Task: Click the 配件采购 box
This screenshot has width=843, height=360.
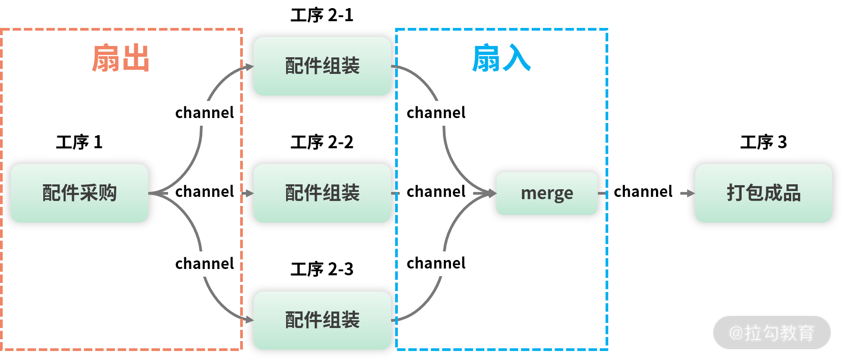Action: point(79,193)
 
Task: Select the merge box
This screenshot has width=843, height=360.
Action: point(547,193)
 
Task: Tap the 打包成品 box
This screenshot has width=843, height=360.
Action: point(763,193)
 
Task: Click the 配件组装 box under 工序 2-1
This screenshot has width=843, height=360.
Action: point(322,66)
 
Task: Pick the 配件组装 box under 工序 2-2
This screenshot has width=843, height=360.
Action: point(322,193)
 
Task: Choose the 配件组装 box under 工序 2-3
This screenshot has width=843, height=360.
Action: point(322,320)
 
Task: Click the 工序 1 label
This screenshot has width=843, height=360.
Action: point(79,142)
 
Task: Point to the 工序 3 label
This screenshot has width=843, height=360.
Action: point(763,142)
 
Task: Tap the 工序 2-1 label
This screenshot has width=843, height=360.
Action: point(322,15)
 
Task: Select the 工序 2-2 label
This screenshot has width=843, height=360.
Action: point(322,142)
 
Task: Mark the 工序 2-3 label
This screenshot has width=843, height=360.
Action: point(322,269)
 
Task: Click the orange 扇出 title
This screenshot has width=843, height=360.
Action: point(120,58)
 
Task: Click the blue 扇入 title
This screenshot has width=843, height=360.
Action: point(501,58)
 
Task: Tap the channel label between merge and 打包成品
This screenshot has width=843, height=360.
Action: point(643,191)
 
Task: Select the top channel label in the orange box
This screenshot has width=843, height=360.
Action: point(205,113)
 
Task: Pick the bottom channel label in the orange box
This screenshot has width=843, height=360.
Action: point(205,264)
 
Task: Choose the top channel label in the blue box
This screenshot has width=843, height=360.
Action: point(436,113)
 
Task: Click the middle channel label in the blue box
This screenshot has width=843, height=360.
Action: point(436,191)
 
